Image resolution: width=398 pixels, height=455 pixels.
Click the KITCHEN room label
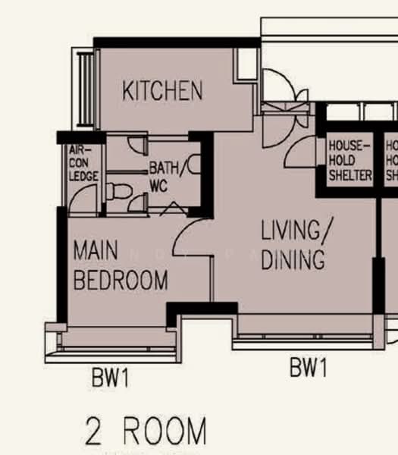coord(162,91)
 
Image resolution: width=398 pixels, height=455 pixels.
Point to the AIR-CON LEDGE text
coord(80,162)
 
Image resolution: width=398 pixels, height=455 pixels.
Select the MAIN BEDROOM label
coord(121,265)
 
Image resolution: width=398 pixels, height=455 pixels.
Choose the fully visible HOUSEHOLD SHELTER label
coord(349,160)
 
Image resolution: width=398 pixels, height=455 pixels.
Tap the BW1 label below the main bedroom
coord(110,378)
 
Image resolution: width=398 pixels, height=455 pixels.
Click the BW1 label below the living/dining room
coord(308,369)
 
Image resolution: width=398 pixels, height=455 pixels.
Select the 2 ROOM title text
coord(146,431)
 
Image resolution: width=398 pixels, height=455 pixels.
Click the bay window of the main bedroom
coord(114,340)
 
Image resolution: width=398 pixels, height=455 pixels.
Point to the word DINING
coord(293,259)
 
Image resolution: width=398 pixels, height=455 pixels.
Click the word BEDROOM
coord(121,280)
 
